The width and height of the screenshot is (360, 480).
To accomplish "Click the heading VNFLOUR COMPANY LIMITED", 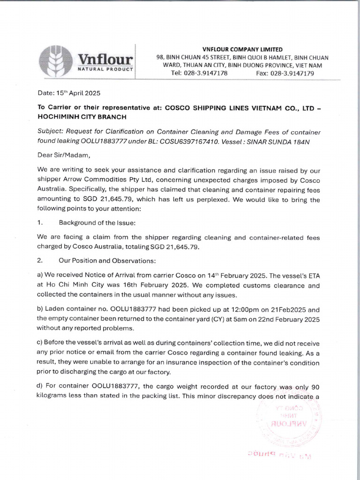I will (242, 49).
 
